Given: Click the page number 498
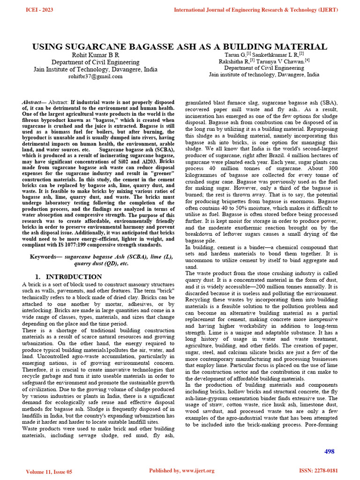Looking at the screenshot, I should pyautogui.click(x=330, y=451).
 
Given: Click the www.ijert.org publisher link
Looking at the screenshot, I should pyautogui.click(x=197, y=471).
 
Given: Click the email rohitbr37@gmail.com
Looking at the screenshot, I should pyautogui.click(x=95, y=76).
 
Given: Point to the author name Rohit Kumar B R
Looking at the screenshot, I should pyautogui.click(x=95, y=55).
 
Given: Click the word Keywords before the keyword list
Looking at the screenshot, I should pyautogui.click(x=46, y=257).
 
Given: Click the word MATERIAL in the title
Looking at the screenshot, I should pyautogui.click(x=301, y=47).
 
